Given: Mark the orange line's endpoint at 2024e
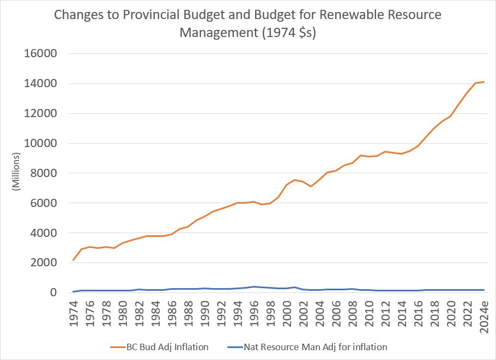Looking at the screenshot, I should pos(483,82).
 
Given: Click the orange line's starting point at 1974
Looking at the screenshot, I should pos(74,260).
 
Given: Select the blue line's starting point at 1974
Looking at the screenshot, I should pos(74,292).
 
